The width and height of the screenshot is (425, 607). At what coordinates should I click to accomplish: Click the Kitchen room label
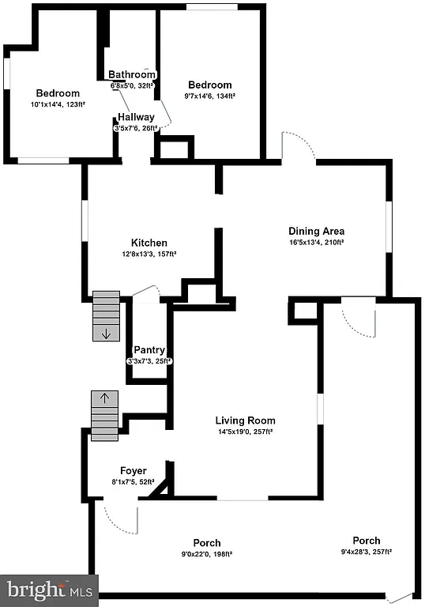[x=149, y=243]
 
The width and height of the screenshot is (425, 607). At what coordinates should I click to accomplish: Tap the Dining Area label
[x=315, y=231]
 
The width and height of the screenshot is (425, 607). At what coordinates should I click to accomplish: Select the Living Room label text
[x=245, y=420]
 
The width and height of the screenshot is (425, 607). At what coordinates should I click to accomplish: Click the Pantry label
[x=149, y=349]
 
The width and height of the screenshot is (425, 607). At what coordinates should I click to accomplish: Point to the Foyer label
[x=134, y=470]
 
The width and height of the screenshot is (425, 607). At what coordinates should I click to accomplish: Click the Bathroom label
[x=132, y=75]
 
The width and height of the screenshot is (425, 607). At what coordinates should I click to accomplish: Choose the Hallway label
[x=136, y=117]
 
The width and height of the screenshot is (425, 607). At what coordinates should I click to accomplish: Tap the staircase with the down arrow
[x=105, y=316]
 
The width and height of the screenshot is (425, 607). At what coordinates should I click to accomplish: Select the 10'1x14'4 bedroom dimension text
[x=58, y=104]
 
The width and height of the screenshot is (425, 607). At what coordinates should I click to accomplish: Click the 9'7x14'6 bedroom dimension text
[x=210, y=96]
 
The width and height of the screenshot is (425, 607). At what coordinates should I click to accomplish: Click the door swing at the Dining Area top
[x=300, y=148]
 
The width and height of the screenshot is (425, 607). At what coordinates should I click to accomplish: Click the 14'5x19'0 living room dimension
[x=245, y=432]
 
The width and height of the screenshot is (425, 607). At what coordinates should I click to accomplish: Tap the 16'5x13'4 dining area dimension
[x=315, y=243]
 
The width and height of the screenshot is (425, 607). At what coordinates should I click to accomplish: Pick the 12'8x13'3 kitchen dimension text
[x=149, y=254]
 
